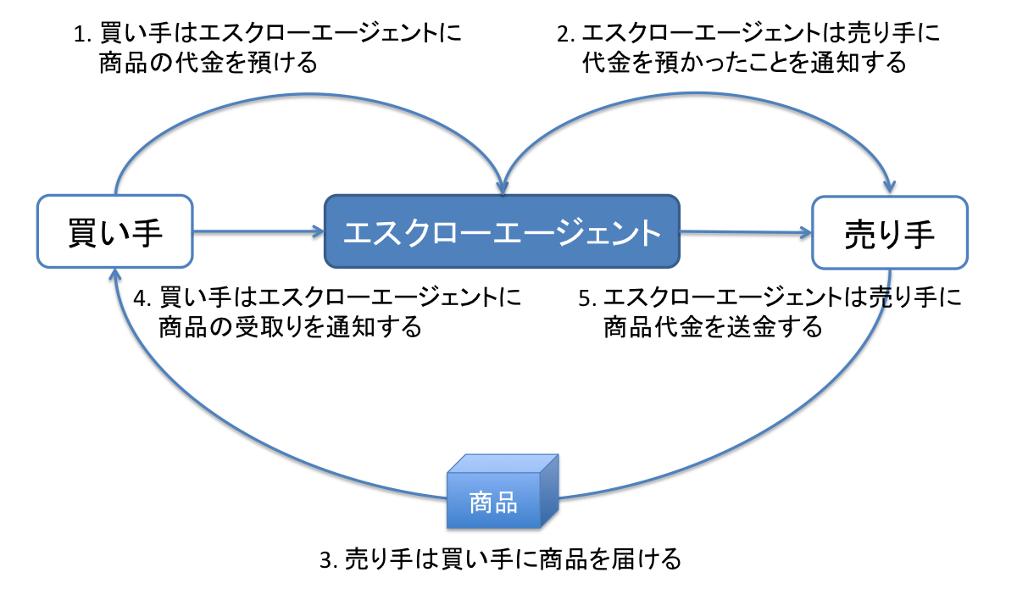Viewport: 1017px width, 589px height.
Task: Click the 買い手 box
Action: tap(114, 231)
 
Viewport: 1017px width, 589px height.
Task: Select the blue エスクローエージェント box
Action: tap(502, 231)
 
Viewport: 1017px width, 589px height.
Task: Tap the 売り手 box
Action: tap(888, 231)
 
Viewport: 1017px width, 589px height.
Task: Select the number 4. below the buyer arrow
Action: tap(142, 297)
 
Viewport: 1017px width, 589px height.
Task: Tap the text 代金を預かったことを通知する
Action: tap(744, 64)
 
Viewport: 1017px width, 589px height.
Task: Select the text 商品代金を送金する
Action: tap(713, 327)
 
